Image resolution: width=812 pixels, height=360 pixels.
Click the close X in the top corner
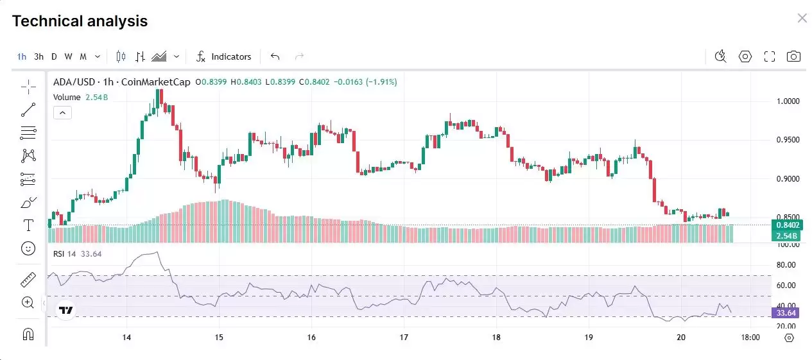pyautogui.click(x=802, y=18)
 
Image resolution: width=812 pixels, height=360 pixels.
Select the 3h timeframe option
pyautogui.click(x=39, y=56)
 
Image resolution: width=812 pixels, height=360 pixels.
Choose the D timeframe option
pyautogui.click(x=54, y=56)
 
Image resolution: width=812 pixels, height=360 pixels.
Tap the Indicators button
pyautogui.click(x=224, y=56)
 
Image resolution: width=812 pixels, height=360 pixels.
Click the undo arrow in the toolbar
pyautogui.click(x=275, y=56)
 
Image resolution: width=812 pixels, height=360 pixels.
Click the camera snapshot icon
pyautogui.click(x=794, y=56)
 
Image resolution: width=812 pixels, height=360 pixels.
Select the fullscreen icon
pyautogui.click(x=770, y=56)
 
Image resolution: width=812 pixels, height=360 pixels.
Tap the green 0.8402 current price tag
pyautogui.click(x=787, y=225)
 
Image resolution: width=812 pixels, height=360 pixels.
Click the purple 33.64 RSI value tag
pyautogui.click(x=786, y=313)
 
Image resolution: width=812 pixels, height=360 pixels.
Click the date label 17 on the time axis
pyautogui.click(x=404, y=337)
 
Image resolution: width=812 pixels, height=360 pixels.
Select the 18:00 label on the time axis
pyautogui.click(x=750, y=337)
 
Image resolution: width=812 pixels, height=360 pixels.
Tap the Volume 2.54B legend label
pyautogui.click(x=80, y=97)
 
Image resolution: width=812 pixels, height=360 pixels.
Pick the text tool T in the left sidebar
pyautogui.click(x=28, y=225)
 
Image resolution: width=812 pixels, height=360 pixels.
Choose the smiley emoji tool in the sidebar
pyautogui.click(x=28, y=248)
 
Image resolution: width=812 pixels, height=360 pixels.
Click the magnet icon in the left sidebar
pyautogui.click(x=28, y=334)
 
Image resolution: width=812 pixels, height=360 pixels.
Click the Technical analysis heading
pyautogui.click(x=80, y=21)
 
